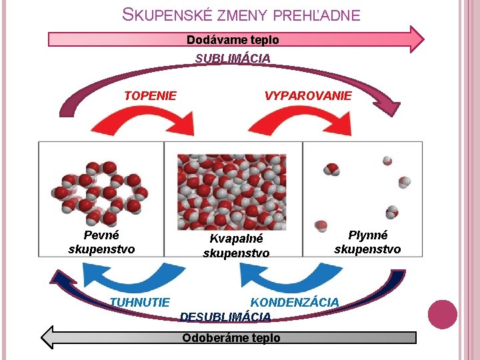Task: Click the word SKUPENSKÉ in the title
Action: click(168, 15)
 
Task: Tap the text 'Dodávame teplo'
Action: click(233, 40)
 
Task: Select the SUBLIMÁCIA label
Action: click(233, 59)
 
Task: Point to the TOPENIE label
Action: click(150, 95)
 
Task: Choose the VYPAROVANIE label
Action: click(308, 95)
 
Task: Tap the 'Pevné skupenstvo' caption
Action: click(101, 242)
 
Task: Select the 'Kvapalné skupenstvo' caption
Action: click(236, 245)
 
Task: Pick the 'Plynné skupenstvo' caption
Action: click(367, 242)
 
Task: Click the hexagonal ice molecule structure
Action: click(100, 193)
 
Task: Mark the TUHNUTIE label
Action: click(140, 302)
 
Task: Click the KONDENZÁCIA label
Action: click(295, 302)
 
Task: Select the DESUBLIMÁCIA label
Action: click(225, 317)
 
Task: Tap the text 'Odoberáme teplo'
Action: click(231, 338)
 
